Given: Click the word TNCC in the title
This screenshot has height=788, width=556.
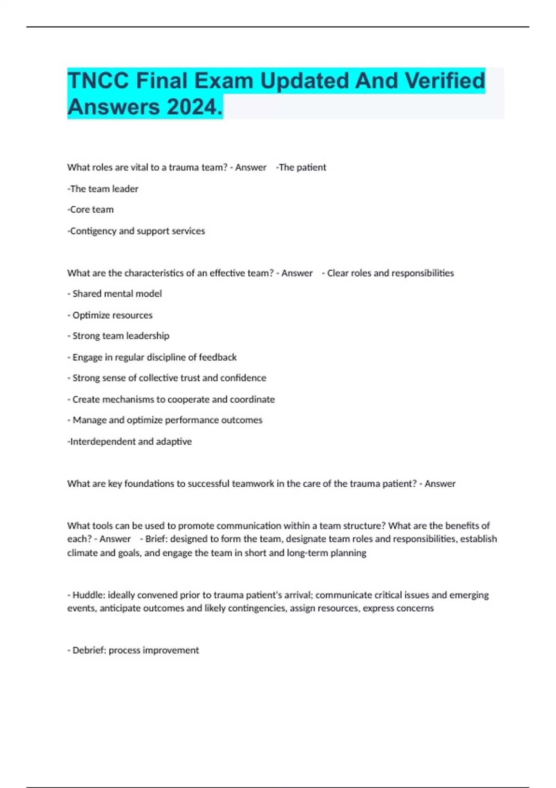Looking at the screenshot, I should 98,81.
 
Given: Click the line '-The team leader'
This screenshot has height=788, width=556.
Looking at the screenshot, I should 103,189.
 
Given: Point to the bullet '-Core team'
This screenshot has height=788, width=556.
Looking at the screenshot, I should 90,210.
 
